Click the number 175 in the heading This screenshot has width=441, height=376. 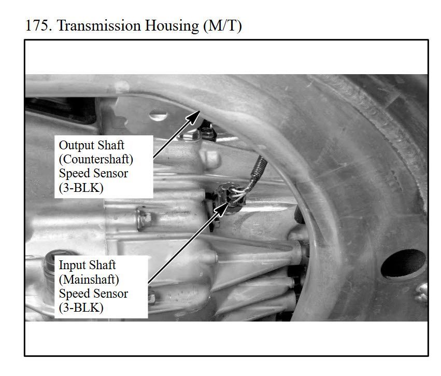click(38, 25)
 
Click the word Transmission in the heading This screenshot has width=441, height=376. click(99, 25)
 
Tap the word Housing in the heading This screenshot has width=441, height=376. click(172, 26)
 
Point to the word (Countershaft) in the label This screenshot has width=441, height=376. click(96, 159)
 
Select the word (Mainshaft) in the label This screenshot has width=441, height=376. click(89, 280)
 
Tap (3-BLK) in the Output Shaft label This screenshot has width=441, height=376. click(81, 187)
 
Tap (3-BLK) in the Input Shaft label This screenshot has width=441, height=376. click(81, 308)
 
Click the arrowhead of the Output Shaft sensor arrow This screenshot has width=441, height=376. click(194, 117)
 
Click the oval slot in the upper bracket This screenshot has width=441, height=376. click(158, 115)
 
